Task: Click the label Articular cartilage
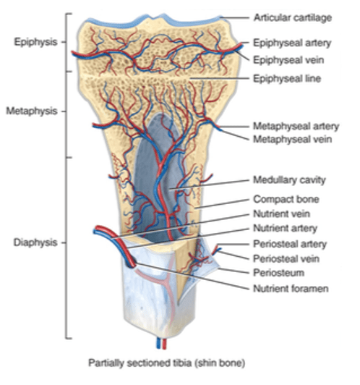293,18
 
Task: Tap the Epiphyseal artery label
292,43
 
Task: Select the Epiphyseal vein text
288,60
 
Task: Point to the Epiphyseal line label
287,79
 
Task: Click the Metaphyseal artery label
296,126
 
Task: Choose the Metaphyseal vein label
293,139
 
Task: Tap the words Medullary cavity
289,180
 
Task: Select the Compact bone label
286,199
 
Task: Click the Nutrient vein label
281,213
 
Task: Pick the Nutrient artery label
286,229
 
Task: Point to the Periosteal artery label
290,244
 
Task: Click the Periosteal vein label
286,258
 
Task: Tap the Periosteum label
278,273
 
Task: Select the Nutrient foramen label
291,288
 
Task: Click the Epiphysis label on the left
35,42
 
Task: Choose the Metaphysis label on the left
32,111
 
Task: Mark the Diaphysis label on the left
35,242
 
